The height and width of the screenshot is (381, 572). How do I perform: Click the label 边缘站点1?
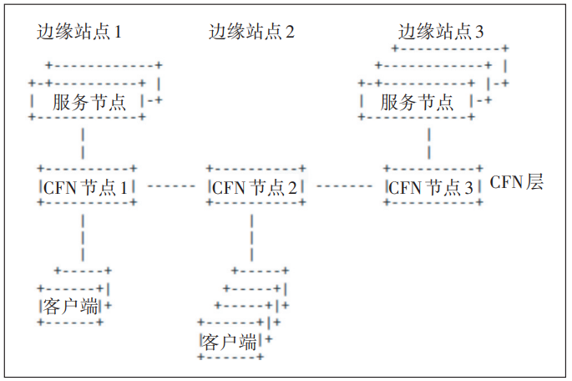click(79, 33)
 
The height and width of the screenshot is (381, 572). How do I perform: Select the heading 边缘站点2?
click(251, 33)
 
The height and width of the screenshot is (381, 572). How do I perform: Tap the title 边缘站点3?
click(441, 33)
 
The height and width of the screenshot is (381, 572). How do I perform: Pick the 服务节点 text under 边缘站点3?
click(418, 103)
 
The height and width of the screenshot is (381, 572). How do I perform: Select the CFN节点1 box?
click(84, 186)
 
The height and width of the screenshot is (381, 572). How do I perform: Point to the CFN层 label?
click(516, 183)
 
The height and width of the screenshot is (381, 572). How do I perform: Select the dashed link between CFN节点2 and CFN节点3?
click(344, 185)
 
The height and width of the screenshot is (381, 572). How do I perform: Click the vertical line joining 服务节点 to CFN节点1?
click(83, 143)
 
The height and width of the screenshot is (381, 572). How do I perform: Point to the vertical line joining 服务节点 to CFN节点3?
click(428, 143)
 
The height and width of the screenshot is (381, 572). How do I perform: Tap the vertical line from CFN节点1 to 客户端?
click(83, 237)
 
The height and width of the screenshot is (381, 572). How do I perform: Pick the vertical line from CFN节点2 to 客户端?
click(251, 237)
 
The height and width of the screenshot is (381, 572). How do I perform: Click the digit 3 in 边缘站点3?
click(478, 33)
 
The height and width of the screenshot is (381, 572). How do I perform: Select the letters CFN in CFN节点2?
click(225, 187)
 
